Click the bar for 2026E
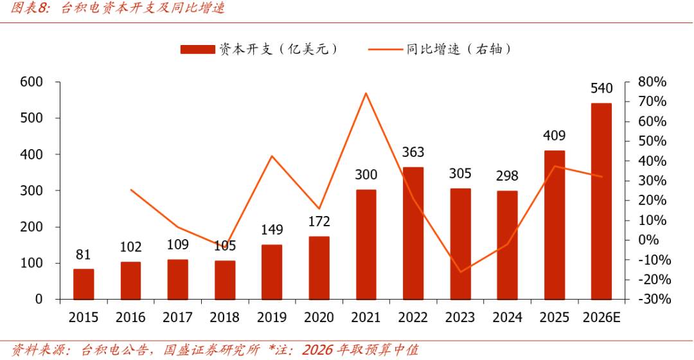(601, 201)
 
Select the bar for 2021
(366, 245)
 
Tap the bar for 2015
(84, 284)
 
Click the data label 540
(601, 88)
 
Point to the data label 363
(413, 152)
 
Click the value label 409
(554, 136)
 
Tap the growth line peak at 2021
(366, 93)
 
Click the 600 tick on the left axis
(31, 82)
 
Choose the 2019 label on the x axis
(272, 318)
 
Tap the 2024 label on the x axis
(507, 318)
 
